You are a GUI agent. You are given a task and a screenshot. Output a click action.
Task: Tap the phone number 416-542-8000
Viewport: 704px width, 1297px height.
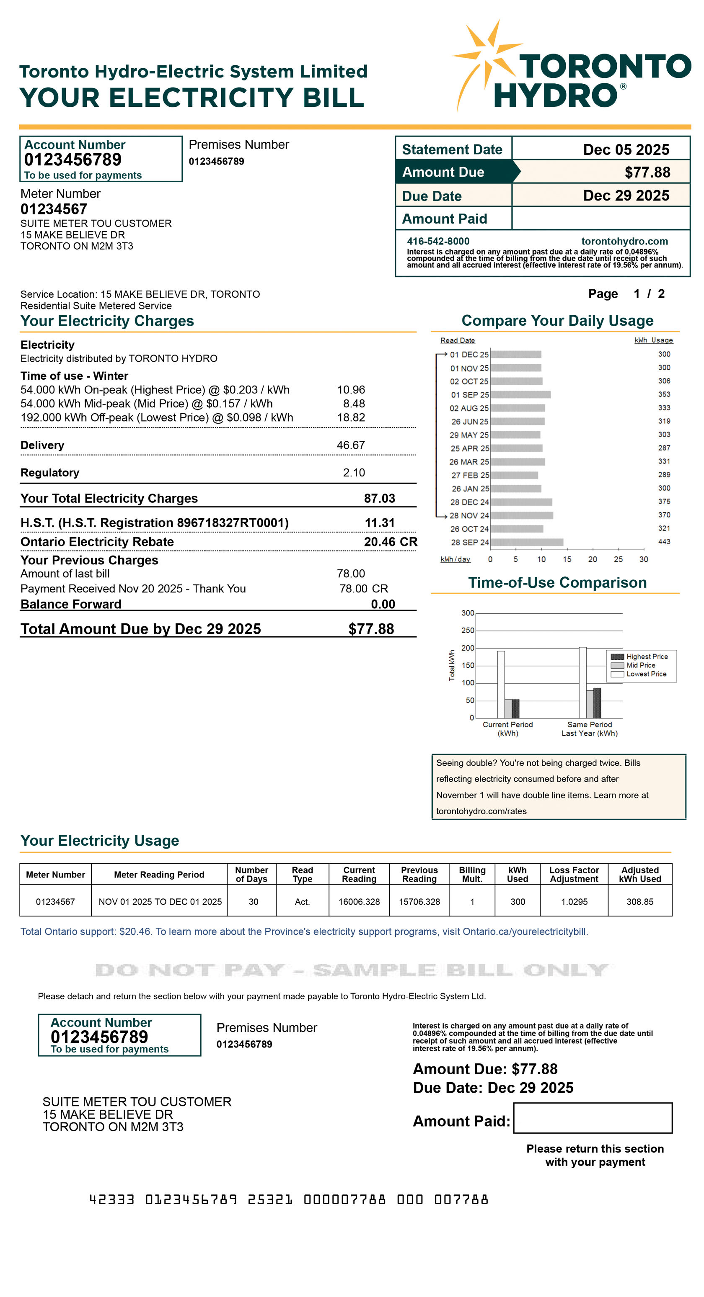pyautogui.click(x=438, y=241)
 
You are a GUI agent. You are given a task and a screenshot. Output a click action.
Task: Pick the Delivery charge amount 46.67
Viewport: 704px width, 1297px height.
pyautogui.click(x=351, y=445)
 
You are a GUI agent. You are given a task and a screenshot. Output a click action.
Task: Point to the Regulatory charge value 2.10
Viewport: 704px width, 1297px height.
pyautogui.click(x=354, y=472)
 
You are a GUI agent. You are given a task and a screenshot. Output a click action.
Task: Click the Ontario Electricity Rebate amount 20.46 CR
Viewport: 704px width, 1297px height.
pyautogui.click(x=390, y=542)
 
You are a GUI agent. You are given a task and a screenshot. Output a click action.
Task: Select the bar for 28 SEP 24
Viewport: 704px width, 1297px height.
pyautogui.click(x=527, y=542)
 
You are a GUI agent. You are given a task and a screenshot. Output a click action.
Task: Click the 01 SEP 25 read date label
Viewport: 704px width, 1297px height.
pyautogui.click(x=469, y=395)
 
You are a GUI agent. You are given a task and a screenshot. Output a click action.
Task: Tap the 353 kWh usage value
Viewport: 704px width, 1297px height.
pyautogui.click(x=664, y=394)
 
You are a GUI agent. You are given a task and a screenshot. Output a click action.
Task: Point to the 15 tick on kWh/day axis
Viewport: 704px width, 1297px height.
pyautogui.click(x=567, y=559)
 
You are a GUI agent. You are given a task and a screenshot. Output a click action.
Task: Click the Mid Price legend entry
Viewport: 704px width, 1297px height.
pyautogui.click(x=640, y=665)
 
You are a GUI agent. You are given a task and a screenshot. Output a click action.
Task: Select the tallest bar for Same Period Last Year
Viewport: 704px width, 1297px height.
pyautogui.click(x=582, y=682)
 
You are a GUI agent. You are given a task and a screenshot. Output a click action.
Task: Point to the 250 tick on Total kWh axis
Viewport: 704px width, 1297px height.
pyautogui.click(x=468, y=630)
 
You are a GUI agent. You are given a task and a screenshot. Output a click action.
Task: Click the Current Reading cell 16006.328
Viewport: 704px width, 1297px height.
pyautogui.click(x=359, y=901)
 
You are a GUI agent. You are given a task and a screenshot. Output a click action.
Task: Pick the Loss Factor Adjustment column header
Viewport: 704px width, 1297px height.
pyautogui.click(x=574, y=874)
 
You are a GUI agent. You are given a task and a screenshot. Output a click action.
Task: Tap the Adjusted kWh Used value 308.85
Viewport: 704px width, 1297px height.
pyautogui.click(x=639, y=901)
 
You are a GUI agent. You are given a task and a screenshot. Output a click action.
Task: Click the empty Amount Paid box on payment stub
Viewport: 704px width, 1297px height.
pyautogui.click(x=592, y=1117)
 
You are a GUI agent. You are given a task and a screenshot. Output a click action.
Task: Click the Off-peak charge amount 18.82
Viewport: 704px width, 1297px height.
pyautogui.click(x=351, y=417)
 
